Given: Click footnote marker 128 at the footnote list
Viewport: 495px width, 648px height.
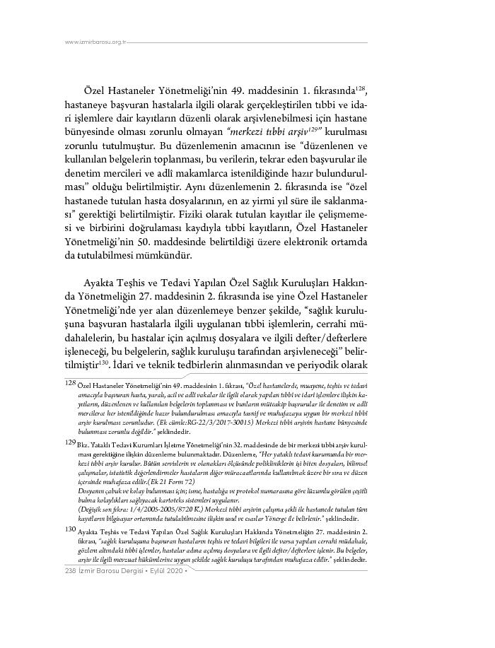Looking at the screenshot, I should [70, 382].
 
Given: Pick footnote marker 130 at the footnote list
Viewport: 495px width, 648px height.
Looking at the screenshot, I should [70, 529].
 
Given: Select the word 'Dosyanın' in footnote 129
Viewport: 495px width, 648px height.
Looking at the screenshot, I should [93, 488].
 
